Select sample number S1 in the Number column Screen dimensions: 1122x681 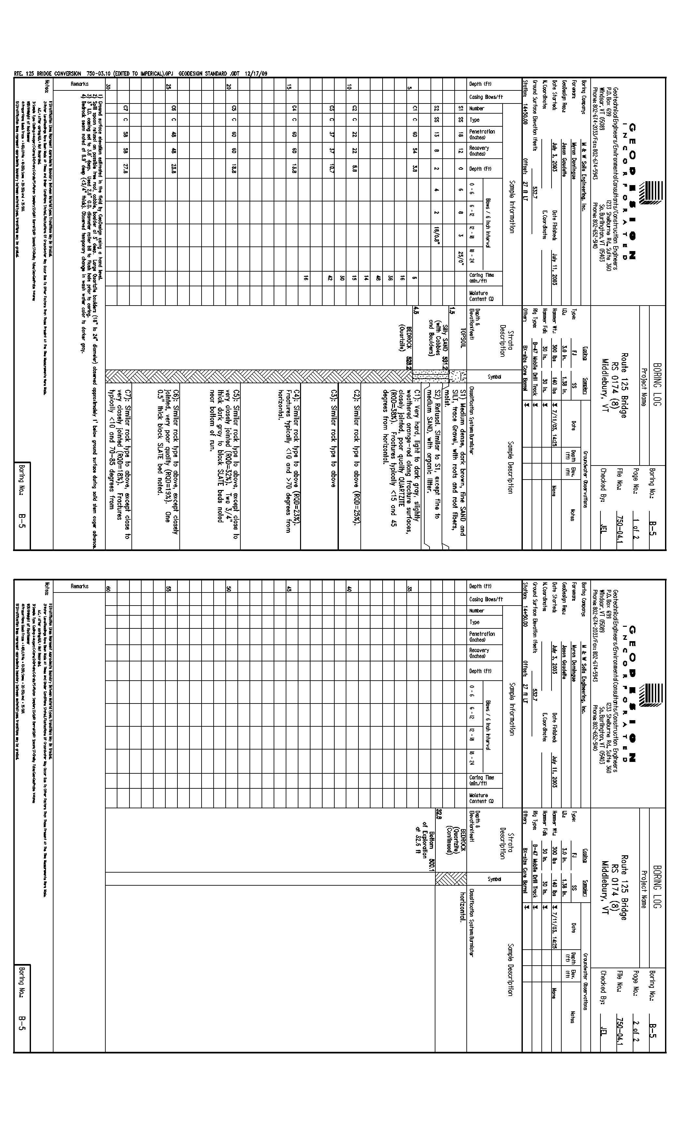(461, 108)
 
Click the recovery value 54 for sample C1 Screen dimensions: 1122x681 (415, 151)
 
